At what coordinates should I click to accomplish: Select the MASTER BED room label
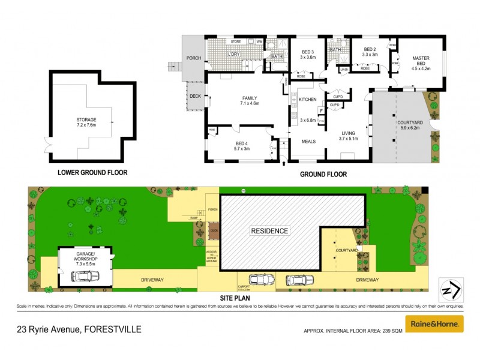[421, 59]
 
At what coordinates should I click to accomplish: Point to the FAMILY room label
[250, 98]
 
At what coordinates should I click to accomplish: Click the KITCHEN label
[308, 100]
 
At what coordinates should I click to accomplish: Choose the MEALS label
[308, 141]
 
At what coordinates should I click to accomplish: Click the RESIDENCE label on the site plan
[270, 230]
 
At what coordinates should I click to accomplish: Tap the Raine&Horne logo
[435, 324]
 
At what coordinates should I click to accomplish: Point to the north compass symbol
[450, 290]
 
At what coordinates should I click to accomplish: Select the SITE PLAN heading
[234, 298]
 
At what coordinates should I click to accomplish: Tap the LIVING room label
[348, 134]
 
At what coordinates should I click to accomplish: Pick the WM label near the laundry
[260, 41]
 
